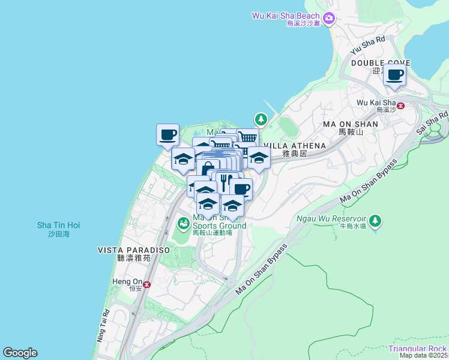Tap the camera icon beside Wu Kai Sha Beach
point(328,19)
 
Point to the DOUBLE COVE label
point(381,63)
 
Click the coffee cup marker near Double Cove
point(394,75)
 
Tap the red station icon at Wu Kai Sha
point(401,106)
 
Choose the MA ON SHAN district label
point(351,124)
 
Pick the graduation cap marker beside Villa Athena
point(259,159)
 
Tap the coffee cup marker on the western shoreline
point(168,134)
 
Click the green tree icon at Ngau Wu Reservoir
point(375,220)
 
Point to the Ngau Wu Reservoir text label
point(331,219)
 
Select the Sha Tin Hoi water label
point(58,226)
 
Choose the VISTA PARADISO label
point(134,250)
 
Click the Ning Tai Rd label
point(103,326)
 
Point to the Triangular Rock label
point(417,349)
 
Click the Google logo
point(20,353)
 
